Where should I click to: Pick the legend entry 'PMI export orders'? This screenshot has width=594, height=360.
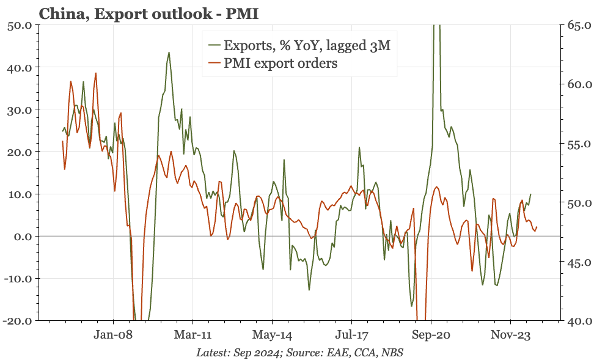pos(281,63)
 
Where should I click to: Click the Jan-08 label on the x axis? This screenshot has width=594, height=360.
pos(114,335)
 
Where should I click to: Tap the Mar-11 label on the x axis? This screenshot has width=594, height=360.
pos(193,335)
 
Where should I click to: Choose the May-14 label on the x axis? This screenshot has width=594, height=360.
pos(273,335)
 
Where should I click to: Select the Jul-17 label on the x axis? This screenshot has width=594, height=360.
pos(352,335)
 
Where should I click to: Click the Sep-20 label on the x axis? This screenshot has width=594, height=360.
pos(431,335)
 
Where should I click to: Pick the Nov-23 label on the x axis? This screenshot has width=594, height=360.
pos(510,335)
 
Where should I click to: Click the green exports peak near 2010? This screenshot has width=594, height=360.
pos(169,53)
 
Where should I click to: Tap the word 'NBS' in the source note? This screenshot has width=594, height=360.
pos(392,353)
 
